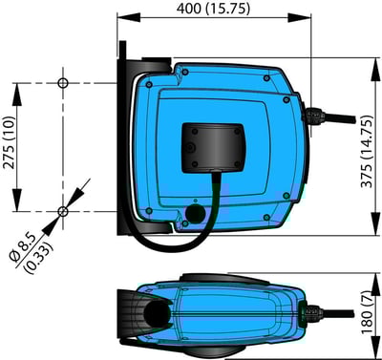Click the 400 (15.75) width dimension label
pyautogui.click(x=213, y=9)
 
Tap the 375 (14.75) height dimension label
pyautogui.click(x=366, y=153)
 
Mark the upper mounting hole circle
pyautogui.click(x=63, y=83)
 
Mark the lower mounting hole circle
pyautogui.click(x=63, y=210)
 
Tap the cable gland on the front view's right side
pyautogui.click(x=311, y=119)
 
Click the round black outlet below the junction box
pyautogui.click(x=198, y=212)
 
